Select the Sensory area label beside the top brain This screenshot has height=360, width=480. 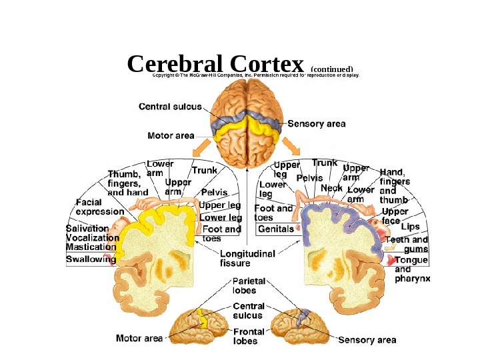click(x=317, y=124)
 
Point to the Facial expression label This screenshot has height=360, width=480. click(x=99, y=207)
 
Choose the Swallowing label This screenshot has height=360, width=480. click(x=91, y=259)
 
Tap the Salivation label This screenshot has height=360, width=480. click(x=87, y=228)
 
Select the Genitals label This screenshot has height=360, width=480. click(x=275, y=229)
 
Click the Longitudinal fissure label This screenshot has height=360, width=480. click(x=248, y=258)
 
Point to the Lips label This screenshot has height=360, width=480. click(x=410, y=227)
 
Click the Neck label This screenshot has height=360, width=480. click(x=331, y=188)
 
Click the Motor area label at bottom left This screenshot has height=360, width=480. click(x=139, y=339)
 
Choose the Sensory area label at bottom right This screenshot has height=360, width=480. click(x=367, y=340)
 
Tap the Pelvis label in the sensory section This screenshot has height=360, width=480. click(x=309, y=179)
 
